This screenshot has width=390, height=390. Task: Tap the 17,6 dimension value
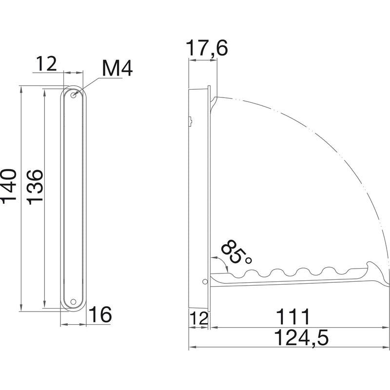coord(207,48)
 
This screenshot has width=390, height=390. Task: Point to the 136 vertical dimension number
coord(35,187)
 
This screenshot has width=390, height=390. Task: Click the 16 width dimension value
coord(100,314)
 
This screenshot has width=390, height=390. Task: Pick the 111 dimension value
coord(293,317)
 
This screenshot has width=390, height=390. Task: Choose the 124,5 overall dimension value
coord(301,337)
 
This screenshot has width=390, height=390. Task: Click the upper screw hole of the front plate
coord(74,95)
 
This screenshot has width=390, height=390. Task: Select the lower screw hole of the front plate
coord(73,302)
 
